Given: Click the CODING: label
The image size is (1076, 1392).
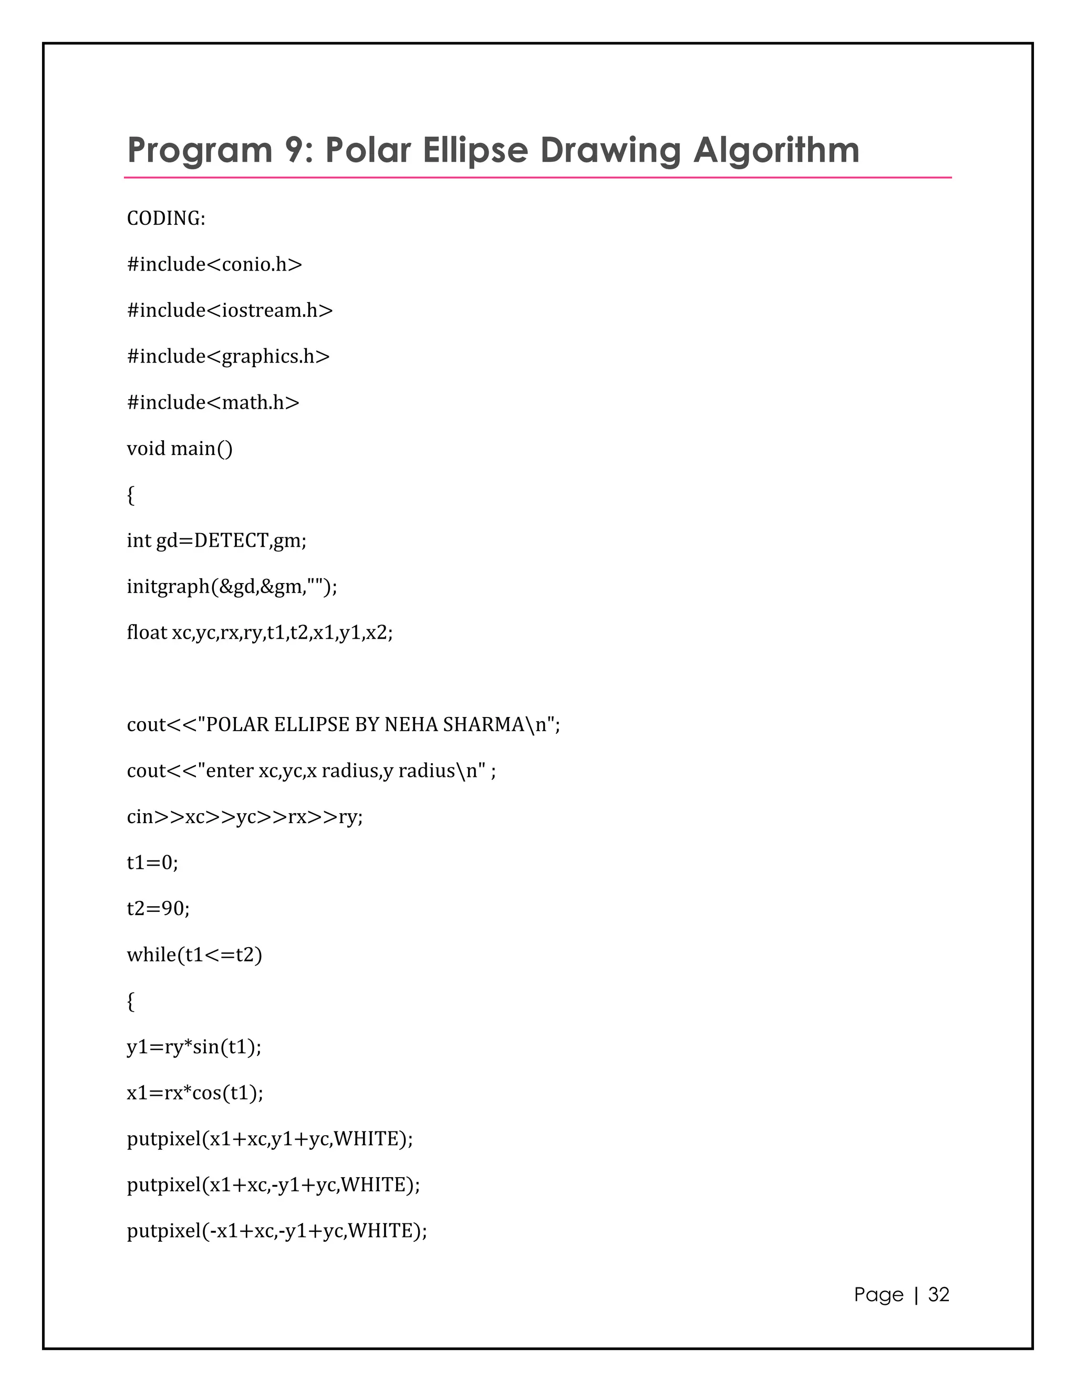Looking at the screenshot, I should click(x=165, y=219).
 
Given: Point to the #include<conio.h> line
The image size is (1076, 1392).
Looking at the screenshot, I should click(x=214, y=265).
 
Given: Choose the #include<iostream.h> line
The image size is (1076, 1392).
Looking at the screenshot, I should click(x=230, y=310).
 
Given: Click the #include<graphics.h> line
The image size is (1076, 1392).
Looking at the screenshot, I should click(x=228, y=356).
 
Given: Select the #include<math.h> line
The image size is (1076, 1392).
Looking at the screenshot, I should click(x=213, y=403).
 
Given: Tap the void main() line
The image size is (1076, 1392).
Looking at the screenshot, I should click(x=180, y=449).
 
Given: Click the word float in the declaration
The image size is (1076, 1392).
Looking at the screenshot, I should click(x=147, y=632).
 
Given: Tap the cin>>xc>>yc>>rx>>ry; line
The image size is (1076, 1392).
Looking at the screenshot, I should click(x=245, y=816).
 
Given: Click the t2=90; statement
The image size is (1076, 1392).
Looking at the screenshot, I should click(x=158, y=908).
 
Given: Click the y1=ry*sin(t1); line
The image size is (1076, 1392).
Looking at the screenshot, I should click(x=194, y=1046).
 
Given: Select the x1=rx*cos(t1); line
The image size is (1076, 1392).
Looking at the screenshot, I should click(x=195, y=1093).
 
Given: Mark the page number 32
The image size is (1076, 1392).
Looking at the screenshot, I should click(x=938, y=1294).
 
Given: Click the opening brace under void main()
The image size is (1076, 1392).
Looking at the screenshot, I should click(x=131, y=495).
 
